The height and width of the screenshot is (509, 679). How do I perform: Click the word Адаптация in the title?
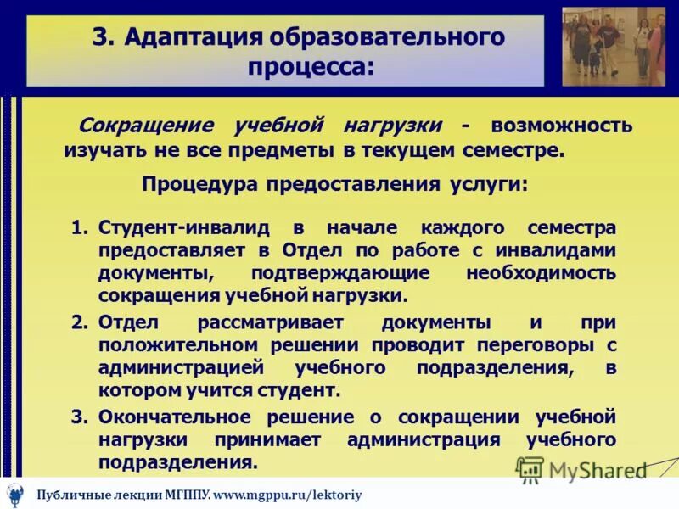point(194,37)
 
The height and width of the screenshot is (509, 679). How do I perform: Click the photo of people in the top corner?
point(614,47)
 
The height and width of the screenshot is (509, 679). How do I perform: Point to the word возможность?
point(560,126)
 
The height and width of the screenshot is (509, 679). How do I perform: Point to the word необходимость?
point(541,273)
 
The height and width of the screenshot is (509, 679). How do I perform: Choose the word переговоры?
point(538,345)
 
